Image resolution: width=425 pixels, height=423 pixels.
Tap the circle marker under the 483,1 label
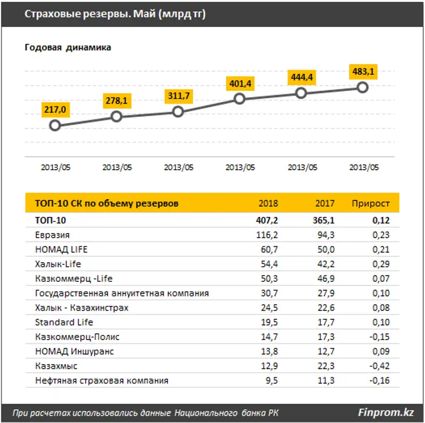(x=362, y=87)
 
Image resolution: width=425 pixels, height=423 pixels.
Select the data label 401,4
(x=240, y=83)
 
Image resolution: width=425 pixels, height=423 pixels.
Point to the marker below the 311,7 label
(x=178, y=111)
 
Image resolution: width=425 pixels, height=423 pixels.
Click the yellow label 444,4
(x=301, y=77)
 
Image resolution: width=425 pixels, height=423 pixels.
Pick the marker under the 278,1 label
(x=116, y=116)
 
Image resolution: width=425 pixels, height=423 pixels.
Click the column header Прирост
(x=371, y=203)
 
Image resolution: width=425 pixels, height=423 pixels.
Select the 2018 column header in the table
(x=268, y=203)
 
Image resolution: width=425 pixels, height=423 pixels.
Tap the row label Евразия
(x=52, y=235)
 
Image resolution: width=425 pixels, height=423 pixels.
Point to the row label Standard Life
(x=64, y=322)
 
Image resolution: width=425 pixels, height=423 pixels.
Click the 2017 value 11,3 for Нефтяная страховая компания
(x=325, y=380)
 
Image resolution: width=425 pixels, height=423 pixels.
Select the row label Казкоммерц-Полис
(x=77, y=336)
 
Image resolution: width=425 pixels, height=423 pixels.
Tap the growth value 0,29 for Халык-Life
(x=380, y=264)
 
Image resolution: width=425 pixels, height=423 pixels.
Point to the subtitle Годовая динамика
(x=68, y=48)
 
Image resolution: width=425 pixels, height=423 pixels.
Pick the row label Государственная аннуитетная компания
(x=122, y=293)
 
